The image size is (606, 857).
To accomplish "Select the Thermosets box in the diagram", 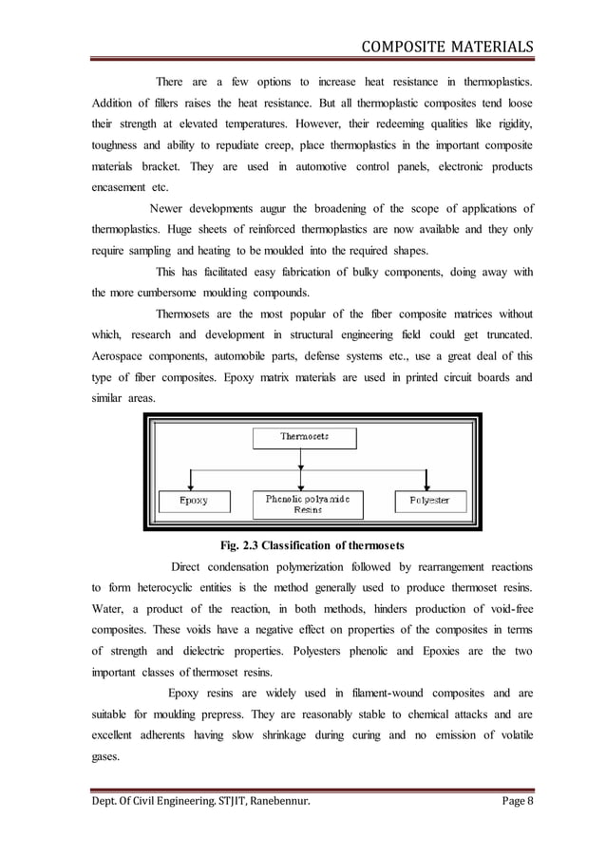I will click(304, 436).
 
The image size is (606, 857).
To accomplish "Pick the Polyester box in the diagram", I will click(429, 500).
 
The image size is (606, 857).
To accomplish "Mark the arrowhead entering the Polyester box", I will click(429, 485).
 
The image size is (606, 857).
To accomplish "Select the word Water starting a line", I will click(108, 610).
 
